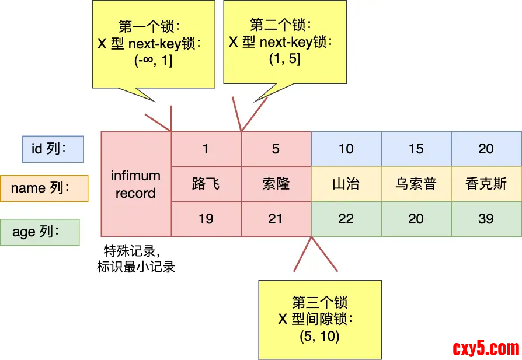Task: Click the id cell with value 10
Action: (346, 149)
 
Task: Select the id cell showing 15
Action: (416, 149)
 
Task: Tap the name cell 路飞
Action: (206, 184)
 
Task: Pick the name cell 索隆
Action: (276, 184)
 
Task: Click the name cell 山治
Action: (346, 184)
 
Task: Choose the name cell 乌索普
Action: (416, 184)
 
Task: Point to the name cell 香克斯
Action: (486, 184)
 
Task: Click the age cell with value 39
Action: (486, 219)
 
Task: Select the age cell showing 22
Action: (346, 219)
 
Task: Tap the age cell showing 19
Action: (206, 219)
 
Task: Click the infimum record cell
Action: (135, 184)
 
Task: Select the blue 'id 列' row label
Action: (53, 149)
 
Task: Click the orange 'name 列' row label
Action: (44, 188)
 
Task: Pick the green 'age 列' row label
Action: (40, 232)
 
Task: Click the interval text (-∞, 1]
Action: (154, 60)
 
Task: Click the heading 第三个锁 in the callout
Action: (319, 302)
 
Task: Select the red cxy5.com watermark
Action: (486, 348)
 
